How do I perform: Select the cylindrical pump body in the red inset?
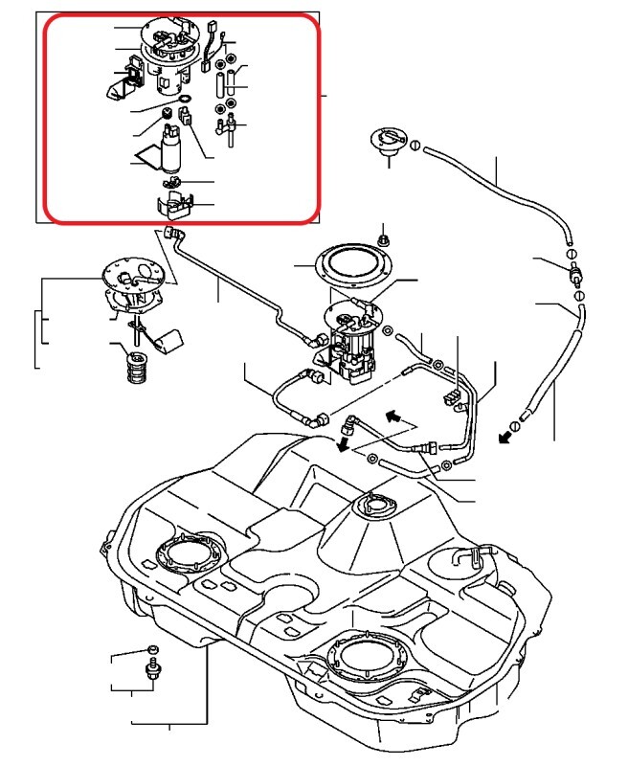172,153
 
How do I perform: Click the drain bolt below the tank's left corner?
150,667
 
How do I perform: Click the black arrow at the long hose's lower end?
505,439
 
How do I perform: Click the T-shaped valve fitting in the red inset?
231,124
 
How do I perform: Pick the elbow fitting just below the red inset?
173,234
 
